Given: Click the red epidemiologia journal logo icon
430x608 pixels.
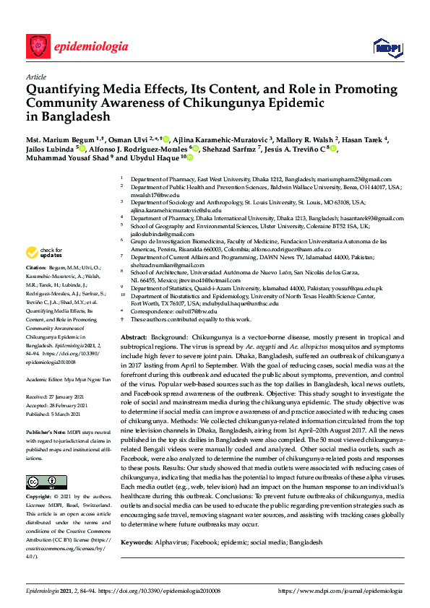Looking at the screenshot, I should point(38,46).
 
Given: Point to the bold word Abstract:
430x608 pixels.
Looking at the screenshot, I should point(134,338).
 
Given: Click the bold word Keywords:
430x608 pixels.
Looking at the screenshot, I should point(137,542).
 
